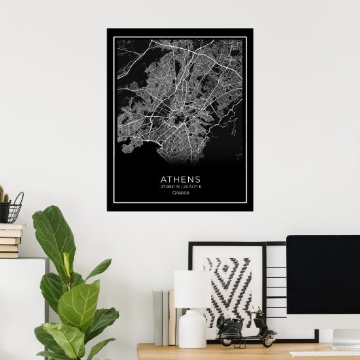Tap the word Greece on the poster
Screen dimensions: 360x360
181,192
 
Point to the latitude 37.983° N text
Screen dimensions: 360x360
168,187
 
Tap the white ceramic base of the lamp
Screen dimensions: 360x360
192,329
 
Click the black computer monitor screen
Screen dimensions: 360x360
323,281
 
